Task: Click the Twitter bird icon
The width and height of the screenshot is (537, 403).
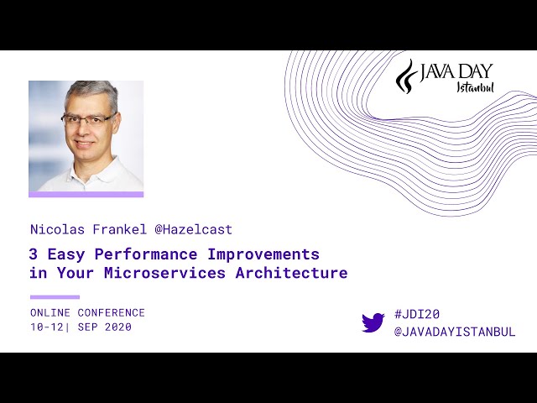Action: (x=373, y=322)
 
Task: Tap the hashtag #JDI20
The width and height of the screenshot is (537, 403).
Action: (x=416, y=314)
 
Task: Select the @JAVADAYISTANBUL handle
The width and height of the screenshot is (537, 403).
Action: (x=454, y=332)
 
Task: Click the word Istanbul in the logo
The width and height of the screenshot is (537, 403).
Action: (x=475, y=87)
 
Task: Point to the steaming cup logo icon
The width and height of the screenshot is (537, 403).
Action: (x=406, y=76)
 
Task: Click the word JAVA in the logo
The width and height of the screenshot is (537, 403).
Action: (x=439, y=71)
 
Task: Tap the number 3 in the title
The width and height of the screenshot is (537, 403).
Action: (x=33, y=254)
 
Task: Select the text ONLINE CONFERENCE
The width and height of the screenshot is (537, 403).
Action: (x=87, y=312)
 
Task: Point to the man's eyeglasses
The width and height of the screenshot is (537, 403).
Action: (x=89, y=119)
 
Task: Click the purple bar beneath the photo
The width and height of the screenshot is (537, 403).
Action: (x=86, y=194)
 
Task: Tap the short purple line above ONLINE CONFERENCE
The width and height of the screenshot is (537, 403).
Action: (x=55, y=297)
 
